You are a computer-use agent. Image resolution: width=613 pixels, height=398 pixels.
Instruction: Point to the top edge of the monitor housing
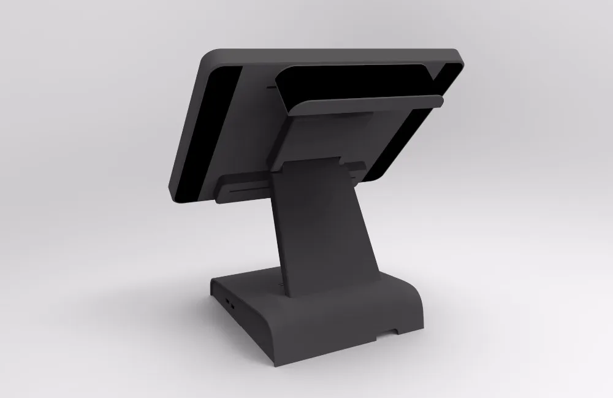coord(337,50)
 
